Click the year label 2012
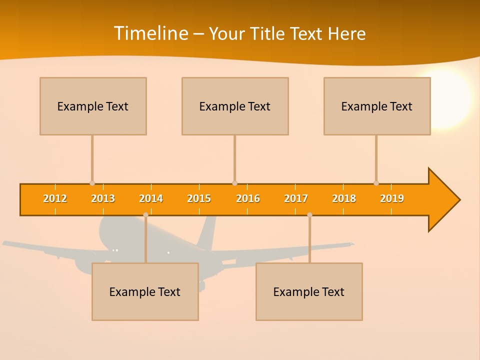click(55, 198)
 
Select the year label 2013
click(103, 198)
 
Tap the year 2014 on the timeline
click(151, 198)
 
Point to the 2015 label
click(199, 198)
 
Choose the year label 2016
click(248, 198)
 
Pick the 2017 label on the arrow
click(296, 198)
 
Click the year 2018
click(344, 198)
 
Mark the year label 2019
click(392, 198)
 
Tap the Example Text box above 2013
click(93, 106)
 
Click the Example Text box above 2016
click(235, 106)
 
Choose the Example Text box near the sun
click(377, 106)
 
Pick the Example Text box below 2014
click(145, 291)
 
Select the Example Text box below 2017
click(309, 291)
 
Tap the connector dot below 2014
click(145, 214)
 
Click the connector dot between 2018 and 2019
click(376, 183)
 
